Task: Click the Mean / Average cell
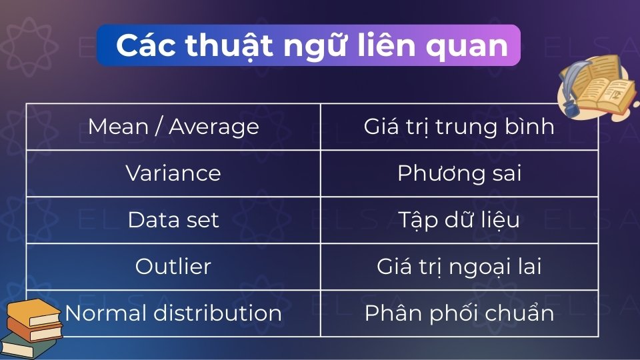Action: click(x=173, y=127)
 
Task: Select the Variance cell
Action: click(x=173, y=173)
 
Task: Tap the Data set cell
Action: click(x=173, y=220)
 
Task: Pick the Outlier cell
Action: click(x=173, y=267)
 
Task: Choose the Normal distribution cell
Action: click(x=173, y=313)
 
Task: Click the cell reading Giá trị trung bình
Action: click(x=459, y=127)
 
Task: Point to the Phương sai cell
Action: click(x=459, y=173)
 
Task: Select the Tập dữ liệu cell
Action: click(x=459, y=220)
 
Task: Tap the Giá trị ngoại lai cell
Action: click(x=459, y=267)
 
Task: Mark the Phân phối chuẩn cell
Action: click(x=459, y=313)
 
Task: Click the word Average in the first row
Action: click(x=213, y=127)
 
